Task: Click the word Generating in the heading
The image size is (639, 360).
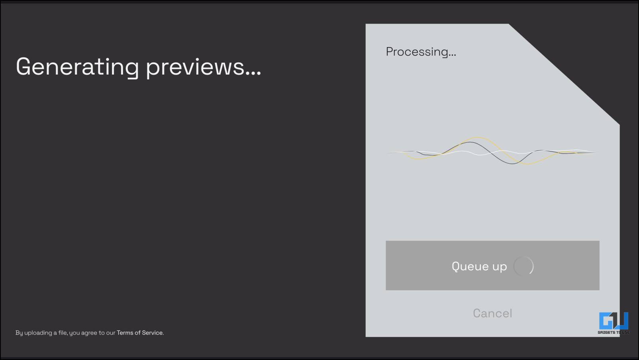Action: tap(77, 67)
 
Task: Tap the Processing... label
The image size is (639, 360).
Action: tap(421, 52)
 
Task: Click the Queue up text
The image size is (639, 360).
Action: tap(479, 267)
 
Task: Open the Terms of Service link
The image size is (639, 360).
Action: tap(140, 332)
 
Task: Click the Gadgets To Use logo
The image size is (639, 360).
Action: tap(614, 323)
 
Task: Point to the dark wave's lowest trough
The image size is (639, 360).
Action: tap(512, 163)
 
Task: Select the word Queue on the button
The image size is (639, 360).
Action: tap(470, 266)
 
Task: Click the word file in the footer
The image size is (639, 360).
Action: tap(63, 332)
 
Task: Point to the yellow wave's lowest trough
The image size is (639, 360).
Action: tap(527, 164)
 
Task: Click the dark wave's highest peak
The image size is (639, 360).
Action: tap(470, 142)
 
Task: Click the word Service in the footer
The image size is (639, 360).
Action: tap(153, 332)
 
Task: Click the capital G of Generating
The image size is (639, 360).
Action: tap(23, 67)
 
